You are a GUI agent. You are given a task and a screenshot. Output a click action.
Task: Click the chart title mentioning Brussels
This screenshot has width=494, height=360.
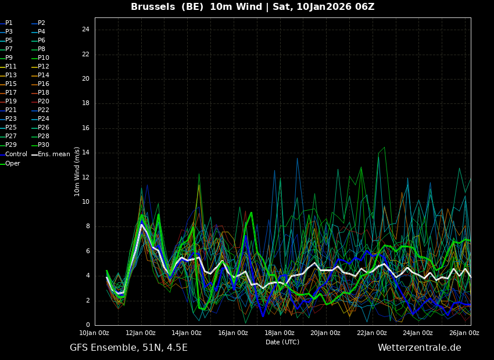252,7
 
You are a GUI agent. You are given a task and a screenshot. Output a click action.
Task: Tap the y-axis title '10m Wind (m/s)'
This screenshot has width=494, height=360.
77,171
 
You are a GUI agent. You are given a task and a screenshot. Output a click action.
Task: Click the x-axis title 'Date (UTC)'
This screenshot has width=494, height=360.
282,342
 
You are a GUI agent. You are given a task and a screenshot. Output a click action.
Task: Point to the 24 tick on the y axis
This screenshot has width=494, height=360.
85,30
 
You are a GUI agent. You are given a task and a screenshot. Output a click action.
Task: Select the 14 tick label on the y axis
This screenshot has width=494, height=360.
85,153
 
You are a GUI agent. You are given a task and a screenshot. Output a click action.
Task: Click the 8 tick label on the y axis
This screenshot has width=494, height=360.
88,226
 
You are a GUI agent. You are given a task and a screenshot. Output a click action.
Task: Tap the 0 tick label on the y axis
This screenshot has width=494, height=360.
88,325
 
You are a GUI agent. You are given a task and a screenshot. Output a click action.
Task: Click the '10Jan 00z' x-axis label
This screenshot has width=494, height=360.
94,333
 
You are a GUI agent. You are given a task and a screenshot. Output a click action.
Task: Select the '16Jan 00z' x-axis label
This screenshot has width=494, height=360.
233,333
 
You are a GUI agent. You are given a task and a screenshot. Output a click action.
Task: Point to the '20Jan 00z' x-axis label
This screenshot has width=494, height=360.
325,333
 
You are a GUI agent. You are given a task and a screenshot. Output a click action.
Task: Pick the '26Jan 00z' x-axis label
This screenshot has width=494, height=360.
464,333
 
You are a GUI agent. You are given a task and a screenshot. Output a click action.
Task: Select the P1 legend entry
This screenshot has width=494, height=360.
9,23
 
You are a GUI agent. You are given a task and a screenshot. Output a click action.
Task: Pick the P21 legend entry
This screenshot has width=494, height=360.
11,110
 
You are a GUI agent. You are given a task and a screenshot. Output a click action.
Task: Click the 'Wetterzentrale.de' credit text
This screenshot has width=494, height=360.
419,348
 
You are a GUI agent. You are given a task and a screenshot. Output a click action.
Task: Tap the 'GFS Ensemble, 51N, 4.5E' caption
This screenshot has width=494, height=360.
128,348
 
